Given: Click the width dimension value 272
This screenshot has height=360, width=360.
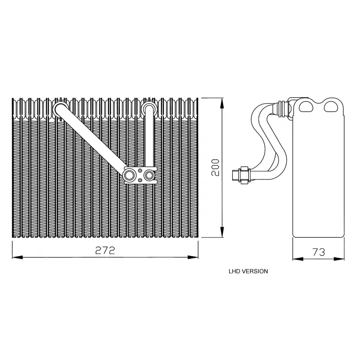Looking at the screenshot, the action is pyautogui.click(x=105, y=250).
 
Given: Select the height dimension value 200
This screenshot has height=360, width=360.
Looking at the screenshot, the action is pyautogui.click(x=216, y=167).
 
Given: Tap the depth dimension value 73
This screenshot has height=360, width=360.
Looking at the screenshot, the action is pyautogui.click(x=319, y=252).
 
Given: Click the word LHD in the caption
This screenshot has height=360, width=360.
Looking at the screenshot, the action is pyautogui.click(x=234, y=271).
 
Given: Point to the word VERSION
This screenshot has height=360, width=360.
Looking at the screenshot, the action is pyautogui.click(x=255, y=271).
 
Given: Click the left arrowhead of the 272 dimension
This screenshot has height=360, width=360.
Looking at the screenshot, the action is pyautogui.click(x=17, y=257).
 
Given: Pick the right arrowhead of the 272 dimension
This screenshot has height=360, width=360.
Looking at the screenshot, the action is pyautogui.click(x=193, y=257).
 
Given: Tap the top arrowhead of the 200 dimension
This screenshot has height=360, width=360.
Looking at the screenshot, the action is pyautogui.click(x=222, y=103).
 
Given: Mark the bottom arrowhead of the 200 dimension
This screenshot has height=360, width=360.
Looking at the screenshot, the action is pyautogui.click(x=222, y=232).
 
